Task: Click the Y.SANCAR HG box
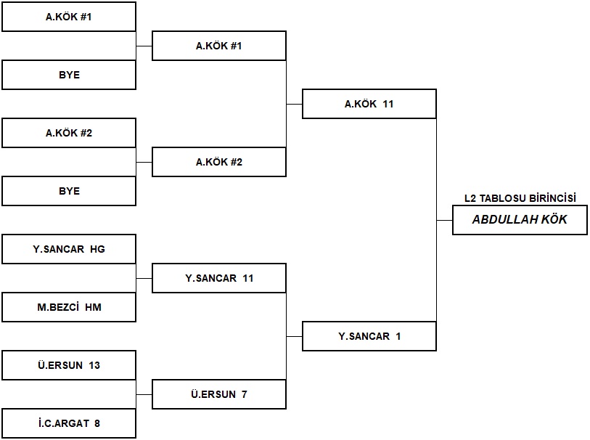pos(69,249)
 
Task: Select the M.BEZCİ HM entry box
pos(69,307)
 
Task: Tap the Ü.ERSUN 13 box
pos(69,365)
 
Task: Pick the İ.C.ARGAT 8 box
pos(69,423)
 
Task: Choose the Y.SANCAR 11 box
pos(219,278)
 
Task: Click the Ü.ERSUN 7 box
pos(219,394)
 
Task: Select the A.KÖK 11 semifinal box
pos(369,104)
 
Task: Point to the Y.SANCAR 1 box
pos(369,336)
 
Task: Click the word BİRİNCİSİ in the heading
pos(552,198)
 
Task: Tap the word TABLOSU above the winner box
pos(503,198)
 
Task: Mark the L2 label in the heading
pos(470,198)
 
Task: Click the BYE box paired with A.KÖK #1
pos(69,75)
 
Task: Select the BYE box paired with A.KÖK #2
pos(69,191)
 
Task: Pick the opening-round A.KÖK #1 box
pos(69,17)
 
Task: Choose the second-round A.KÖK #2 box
pos(219,162)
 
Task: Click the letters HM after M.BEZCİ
pos(94,308)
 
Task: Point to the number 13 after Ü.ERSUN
pos(94,365)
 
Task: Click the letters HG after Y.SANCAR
pos(97,249)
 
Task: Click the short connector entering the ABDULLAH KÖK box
pos(444,220)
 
